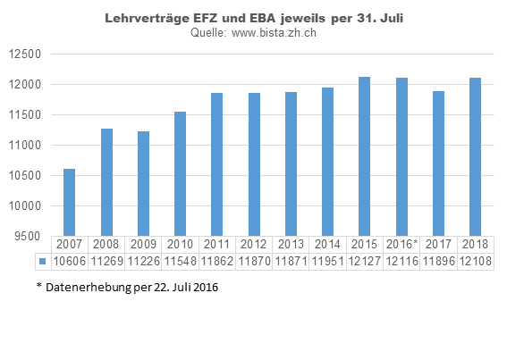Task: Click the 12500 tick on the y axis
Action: coord(26,54)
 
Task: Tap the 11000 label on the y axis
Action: coord(26,146)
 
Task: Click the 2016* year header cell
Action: coord(401,244)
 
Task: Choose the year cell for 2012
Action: coord(254,244)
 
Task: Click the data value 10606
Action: coord(70,261)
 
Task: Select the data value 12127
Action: coord(365,261)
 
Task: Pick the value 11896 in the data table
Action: coord(438,261)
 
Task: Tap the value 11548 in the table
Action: coord(181,261)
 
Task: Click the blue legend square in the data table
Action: coord(41,261)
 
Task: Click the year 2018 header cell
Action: coord(475,244)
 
